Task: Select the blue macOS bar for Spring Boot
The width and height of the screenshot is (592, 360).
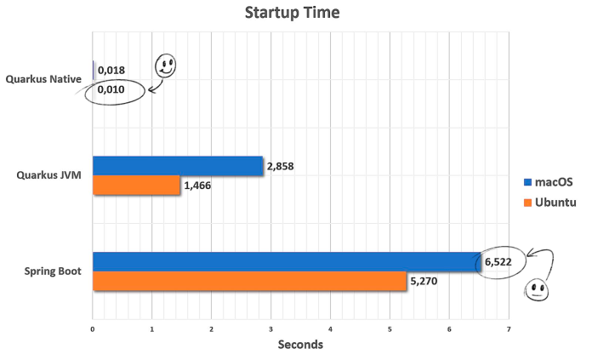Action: click(286, 262)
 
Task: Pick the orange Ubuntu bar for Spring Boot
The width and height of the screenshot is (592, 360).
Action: click(249, 282)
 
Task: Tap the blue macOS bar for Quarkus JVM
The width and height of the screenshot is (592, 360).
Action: click(178, 166)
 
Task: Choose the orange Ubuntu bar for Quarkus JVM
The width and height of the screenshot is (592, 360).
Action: click(136, 185)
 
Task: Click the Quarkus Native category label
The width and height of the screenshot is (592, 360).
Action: click(43, 80)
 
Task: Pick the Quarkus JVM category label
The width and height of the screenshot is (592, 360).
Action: click(50, 175)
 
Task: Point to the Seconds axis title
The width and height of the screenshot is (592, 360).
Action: click(300, 345)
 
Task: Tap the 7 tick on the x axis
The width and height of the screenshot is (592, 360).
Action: click(509, 328)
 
